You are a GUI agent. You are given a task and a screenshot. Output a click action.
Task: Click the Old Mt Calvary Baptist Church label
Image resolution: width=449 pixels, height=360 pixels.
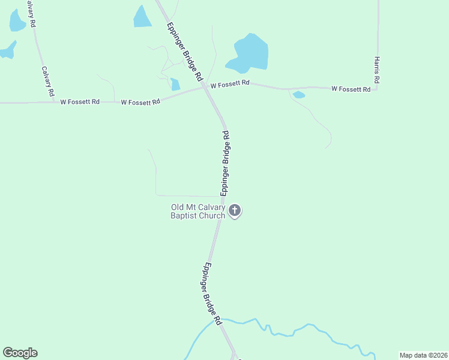coord(198,212)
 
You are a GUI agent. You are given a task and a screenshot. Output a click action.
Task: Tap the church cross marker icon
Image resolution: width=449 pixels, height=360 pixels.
coord(235,211)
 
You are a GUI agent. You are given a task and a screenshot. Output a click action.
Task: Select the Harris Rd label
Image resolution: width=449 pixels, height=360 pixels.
coord(376,70)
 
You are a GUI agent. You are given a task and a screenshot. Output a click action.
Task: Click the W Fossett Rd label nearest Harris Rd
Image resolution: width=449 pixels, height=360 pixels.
coord(351,89)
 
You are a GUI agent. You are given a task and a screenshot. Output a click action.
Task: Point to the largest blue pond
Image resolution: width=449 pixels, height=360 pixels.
coord(249,53)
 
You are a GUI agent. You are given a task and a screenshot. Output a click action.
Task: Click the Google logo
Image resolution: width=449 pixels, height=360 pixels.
coord(20,353)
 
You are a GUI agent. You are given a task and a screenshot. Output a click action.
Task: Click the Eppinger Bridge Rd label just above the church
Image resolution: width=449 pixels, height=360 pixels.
coord(226,163)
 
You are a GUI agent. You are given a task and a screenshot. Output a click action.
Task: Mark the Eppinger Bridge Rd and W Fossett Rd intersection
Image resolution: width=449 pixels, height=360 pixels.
coord(206,89)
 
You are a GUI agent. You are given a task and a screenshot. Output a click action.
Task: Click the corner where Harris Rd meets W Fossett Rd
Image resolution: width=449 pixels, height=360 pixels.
coord(376,89)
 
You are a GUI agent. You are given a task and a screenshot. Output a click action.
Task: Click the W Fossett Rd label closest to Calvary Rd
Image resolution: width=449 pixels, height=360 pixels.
coord(80,102)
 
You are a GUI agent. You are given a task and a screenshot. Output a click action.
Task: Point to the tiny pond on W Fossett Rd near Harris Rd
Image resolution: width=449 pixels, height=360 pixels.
coord(298,95)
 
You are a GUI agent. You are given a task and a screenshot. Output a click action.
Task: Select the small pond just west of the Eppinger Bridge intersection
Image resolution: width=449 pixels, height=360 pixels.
coord(175,85)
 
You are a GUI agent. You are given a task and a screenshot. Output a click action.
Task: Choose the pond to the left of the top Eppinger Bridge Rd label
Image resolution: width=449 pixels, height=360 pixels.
coord(142,17)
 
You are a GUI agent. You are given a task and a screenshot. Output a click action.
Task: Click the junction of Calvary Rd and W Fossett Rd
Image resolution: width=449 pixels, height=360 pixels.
coord(55,102)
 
